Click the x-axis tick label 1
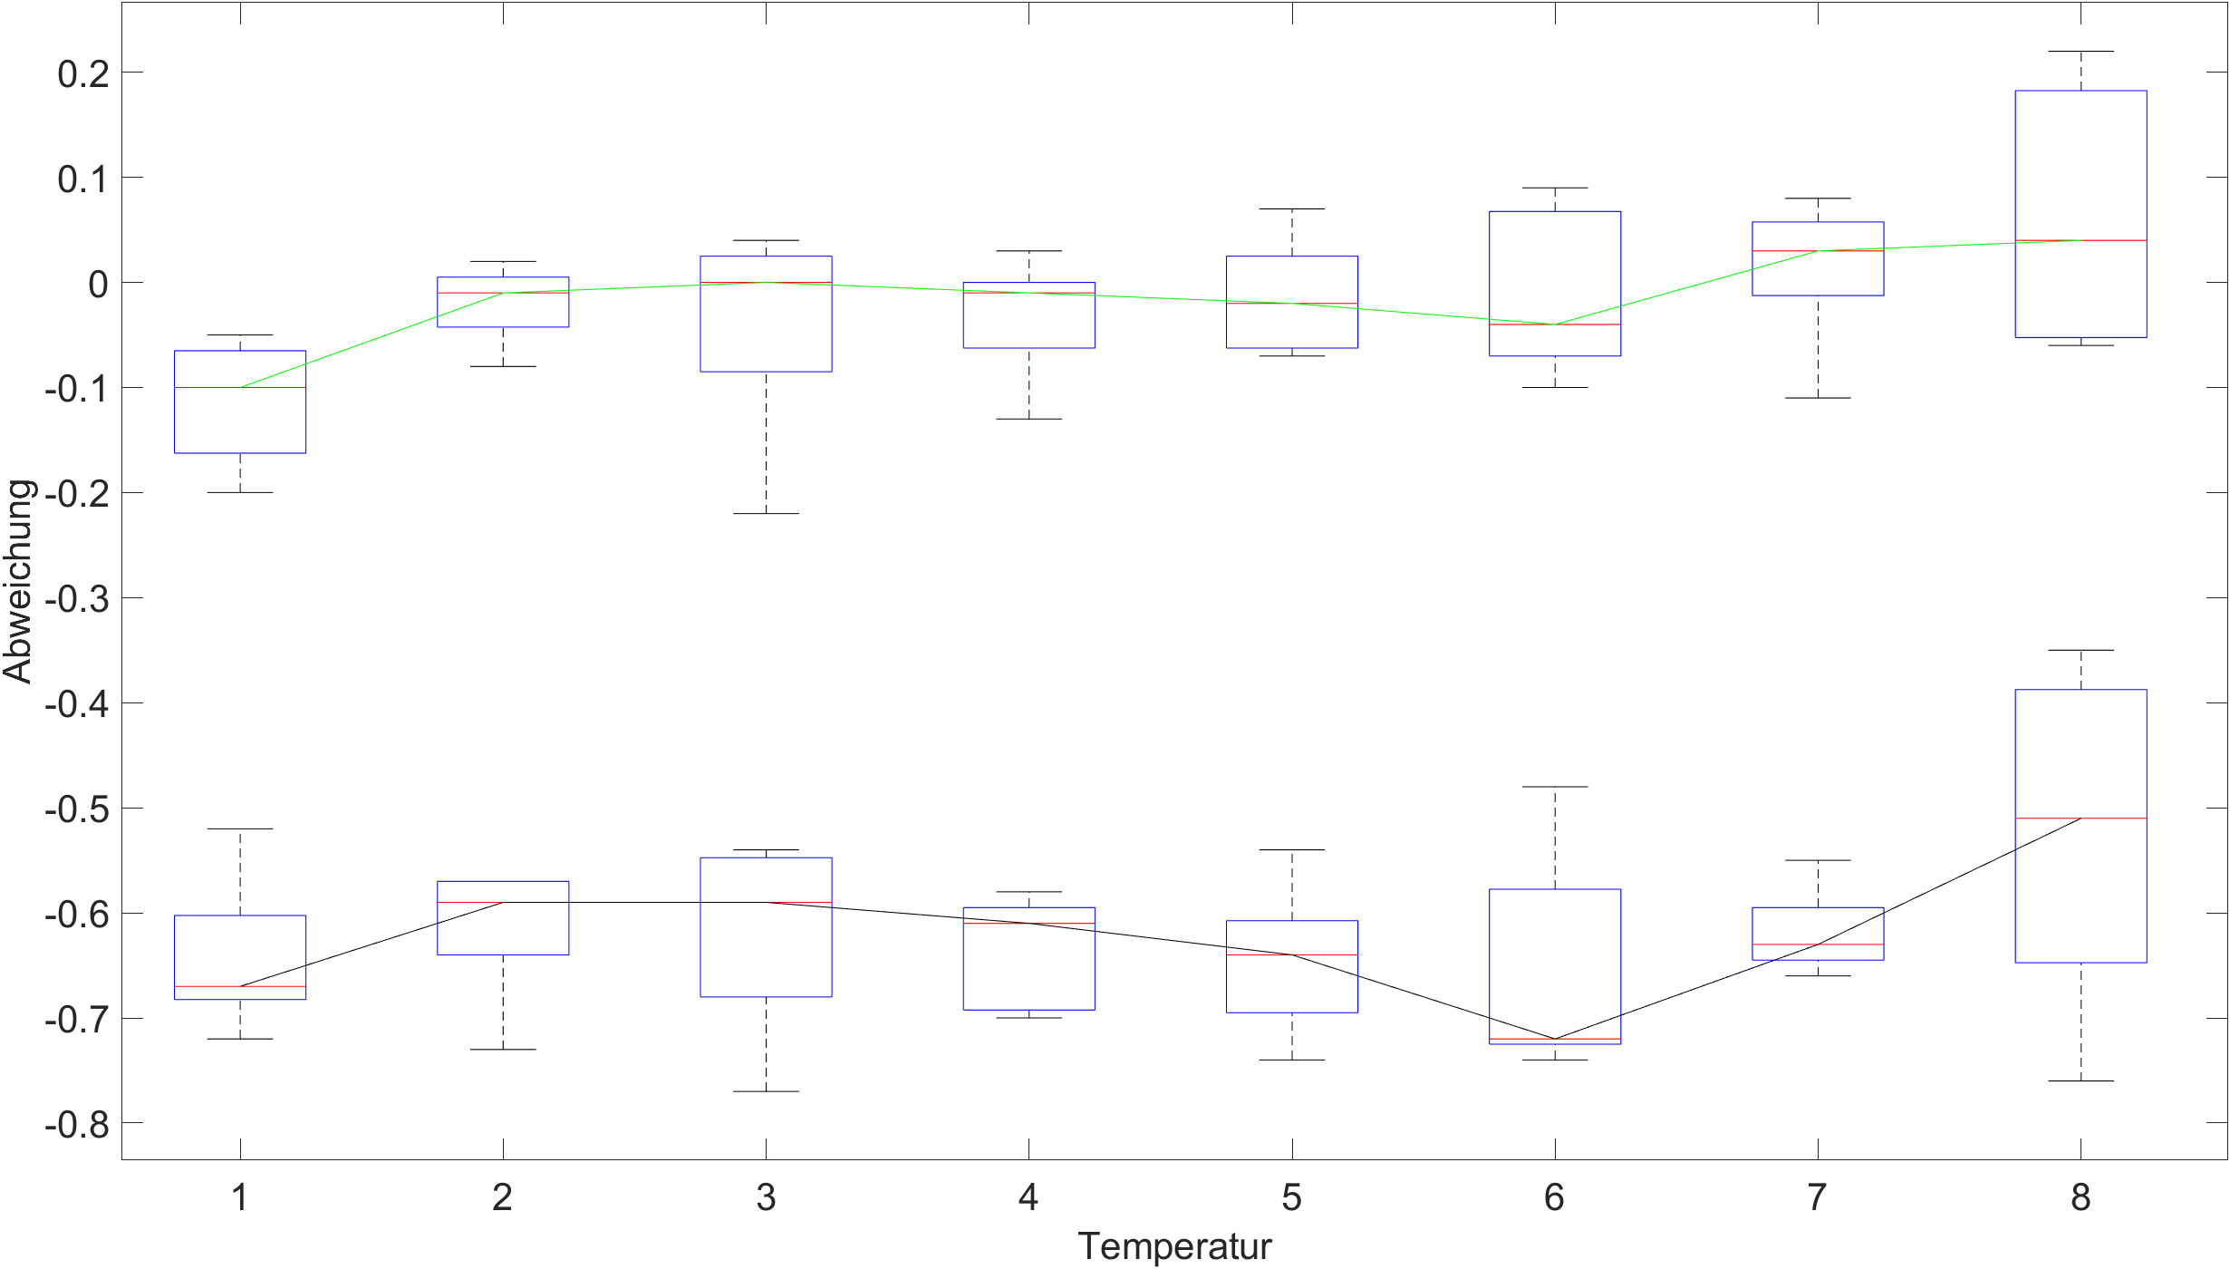tap(240, 1198)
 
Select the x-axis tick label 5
tap(1291, 1198)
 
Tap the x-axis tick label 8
tap(2080, 1198)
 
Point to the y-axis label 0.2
tap(83, 73)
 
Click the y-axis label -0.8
tap(77, 1125)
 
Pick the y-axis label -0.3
tap(77, 599)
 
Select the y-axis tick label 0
tap(98, 284)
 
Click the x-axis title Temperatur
tap(1174, 1246)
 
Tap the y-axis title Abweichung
tap(18, 581)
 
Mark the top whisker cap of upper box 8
tap(2080, 52)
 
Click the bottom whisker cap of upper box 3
tap(766, 514)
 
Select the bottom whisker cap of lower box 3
tap(766, 1091)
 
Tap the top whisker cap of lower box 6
tap(1555, 787)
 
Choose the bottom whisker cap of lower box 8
tap(2080, 1081)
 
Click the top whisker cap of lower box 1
tap(240, 828)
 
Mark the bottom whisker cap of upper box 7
tap(1818, 398)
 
